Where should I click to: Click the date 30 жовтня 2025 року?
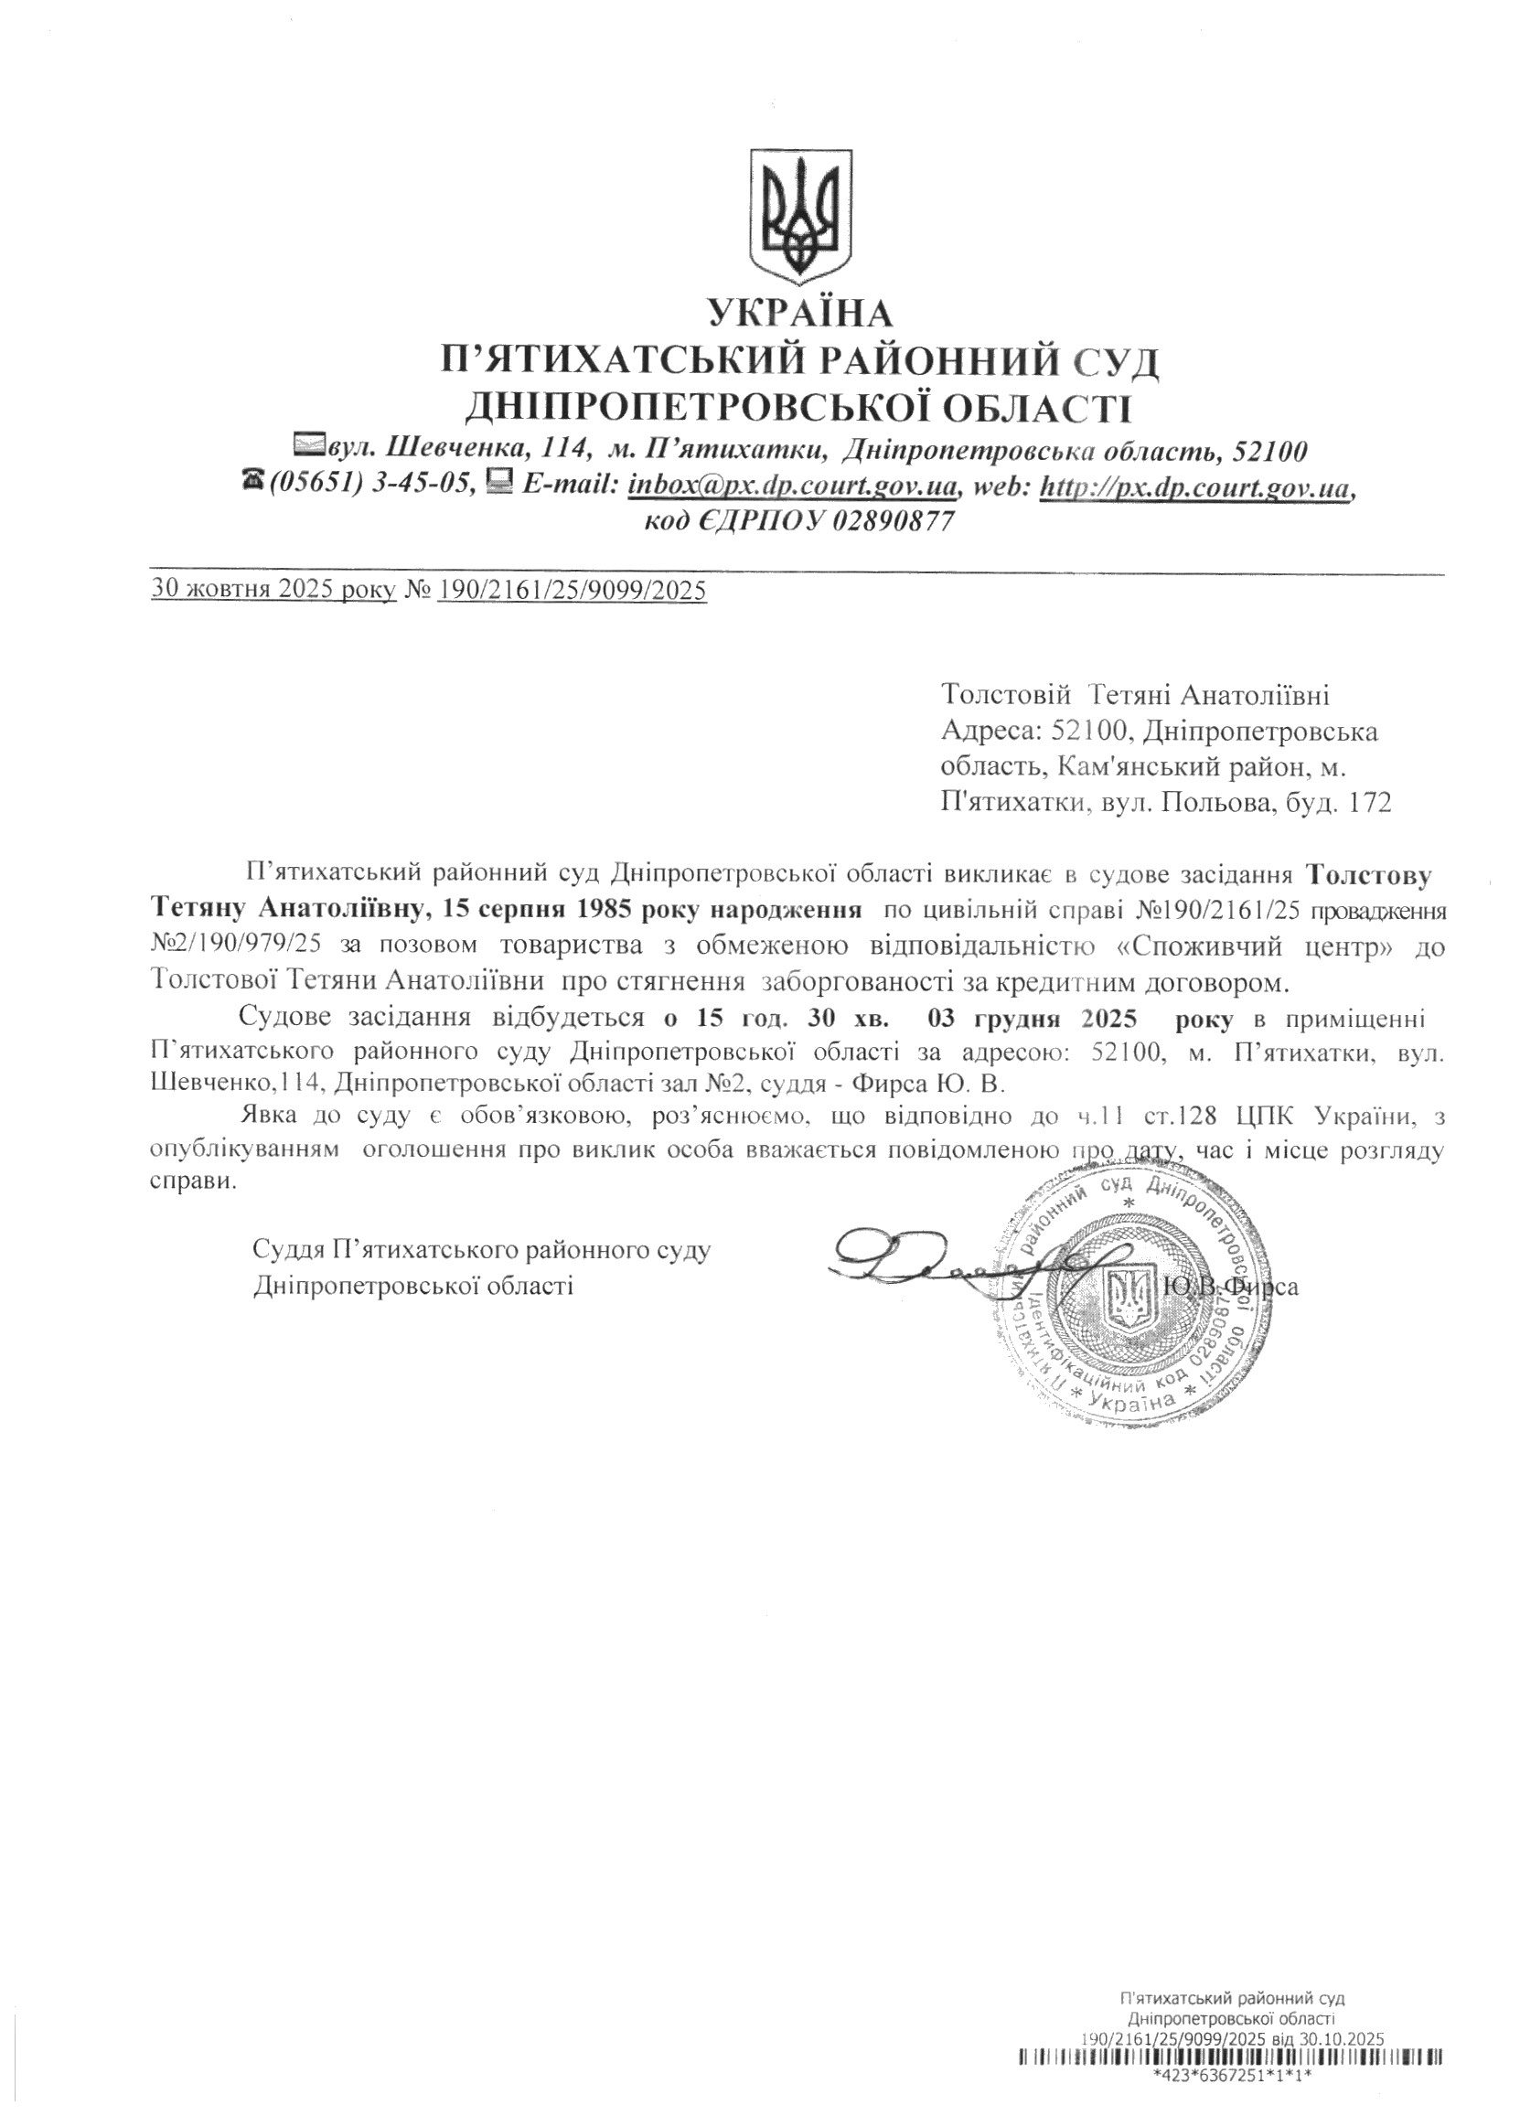(273, 590)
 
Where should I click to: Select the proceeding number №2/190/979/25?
(236, 945)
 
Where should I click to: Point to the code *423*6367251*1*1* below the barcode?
(1232, 2095)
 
